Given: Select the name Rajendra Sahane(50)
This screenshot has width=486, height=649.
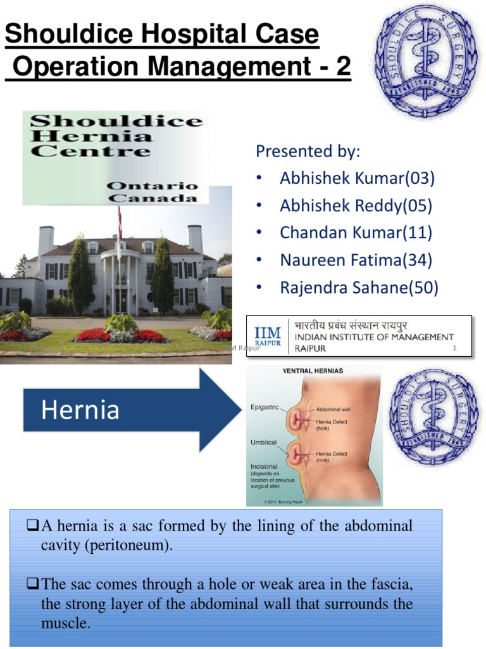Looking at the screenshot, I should coord(359,288).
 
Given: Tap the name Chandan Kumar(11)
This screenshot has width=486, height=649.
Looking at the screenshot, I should coord(356,233).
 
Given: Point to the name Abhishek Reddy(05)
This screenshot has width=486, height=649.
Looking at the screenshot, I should coord(356,205).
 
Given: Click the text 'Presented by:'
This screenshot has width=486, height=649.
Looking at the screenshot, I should coord(308,151).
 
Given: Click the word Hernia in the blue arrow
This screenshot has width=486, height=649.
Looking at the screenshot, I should coord(80,410).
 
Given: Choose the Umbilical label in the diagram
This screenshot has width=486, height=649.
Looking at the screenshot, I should coord(263,442).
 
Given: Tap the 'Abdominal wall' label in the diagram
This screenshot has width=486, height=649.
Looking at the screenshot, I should coord(335,409).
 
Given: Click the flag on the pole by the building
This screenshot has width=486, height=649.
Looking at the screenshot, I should coord(119,222).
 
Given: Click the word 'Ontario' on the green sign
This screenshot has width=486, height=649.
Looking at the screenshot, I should coord(152,186).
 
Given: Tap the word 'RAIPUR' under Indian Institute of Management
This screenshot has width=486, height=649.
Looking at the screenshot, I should coord(309,349).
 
